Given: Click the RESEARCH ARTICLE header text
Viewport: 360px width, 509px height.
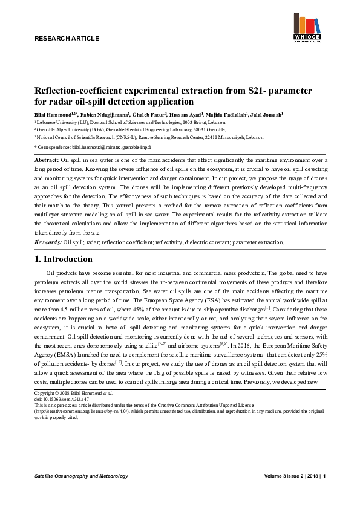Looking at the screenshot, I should [67, 38].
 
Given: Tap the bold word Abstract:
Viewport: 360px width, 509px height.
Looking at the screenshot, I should [46, 159].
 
